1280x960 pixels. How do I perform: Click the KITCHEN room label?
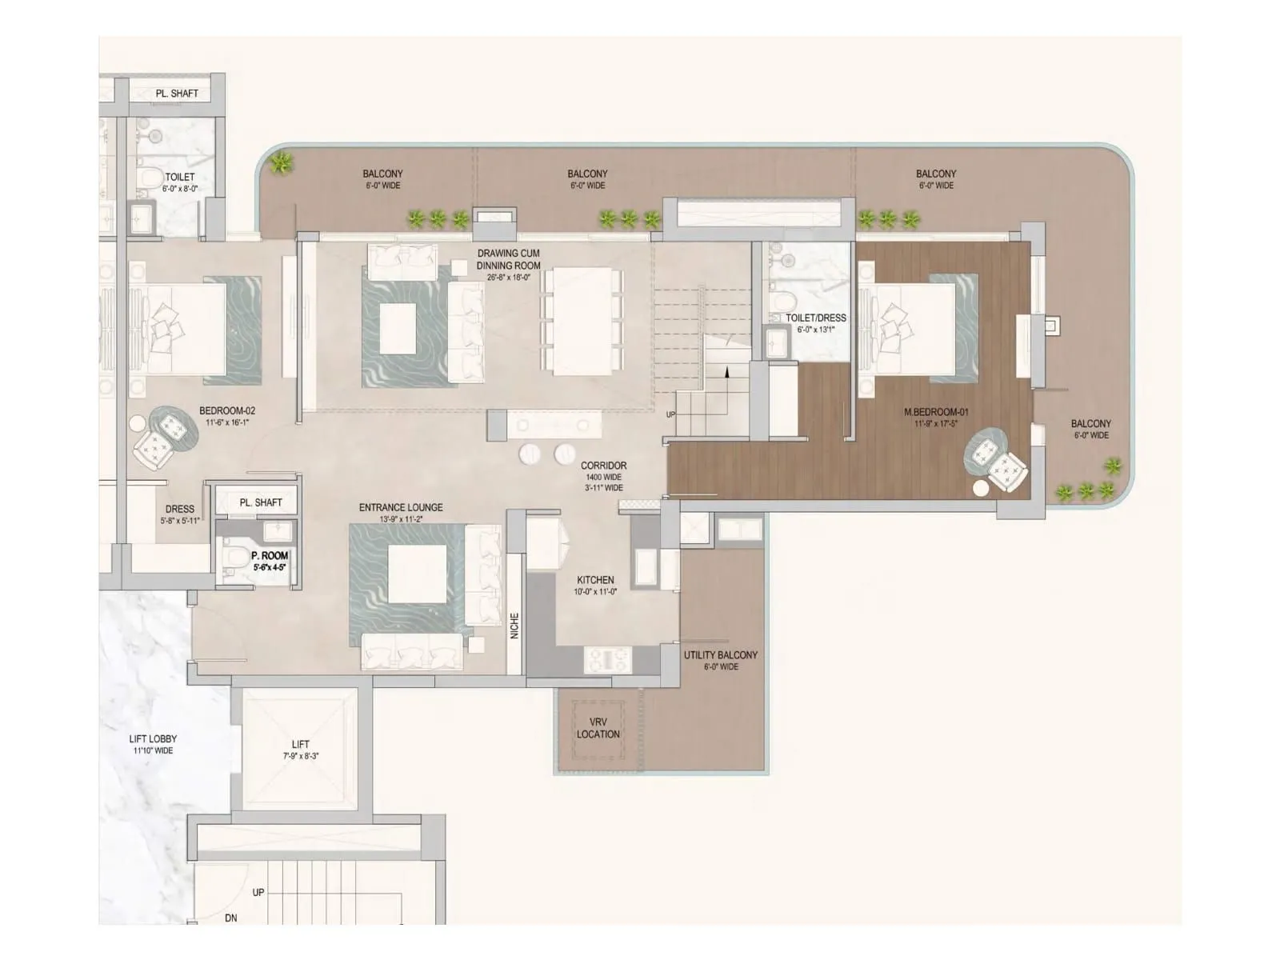(x=595, y=580)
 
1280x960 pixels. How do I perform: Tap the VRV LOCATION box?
(x=598, y=728)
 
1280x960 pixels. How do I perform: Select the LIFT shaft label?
(x=300, y=744)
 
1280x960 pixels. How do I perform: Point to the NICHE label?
(x=514, y=626)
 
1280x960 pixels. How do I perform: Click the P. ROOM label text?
(x=270, y=555)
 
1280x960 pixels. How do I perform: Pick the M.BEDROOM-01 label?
(x=936, y=412)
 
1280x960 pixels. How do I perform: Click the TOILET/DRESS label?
(x=815, y=318)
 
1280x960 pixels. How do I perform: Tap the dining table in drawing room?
(x=582, y=321)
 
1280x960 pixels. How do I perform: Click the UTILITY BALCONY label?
(x=720, y=654)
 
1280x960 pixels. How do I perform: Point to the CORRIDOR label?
(x=603, y=465)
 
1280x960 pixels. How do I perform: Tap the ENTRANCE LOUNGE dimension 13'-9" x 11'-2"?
(x=401, y=519)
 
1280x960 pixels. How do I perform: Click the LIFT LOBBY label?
(x=153, y=738)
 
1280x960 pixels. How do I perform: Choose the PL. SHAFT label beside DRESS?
(x=261, y=502)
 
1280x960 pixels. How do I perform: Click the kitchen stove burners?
(x=608, y=659)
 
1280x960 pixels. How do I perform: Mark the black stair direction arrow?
(x=726, y=371)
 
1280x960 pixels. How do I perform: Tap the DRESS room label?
(x=179, y=509)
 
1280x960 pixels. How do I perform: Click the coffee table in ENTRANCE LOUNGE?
(x=417, y=574)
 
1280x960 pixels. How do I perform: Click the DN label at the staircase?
(x=230, y=918)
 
